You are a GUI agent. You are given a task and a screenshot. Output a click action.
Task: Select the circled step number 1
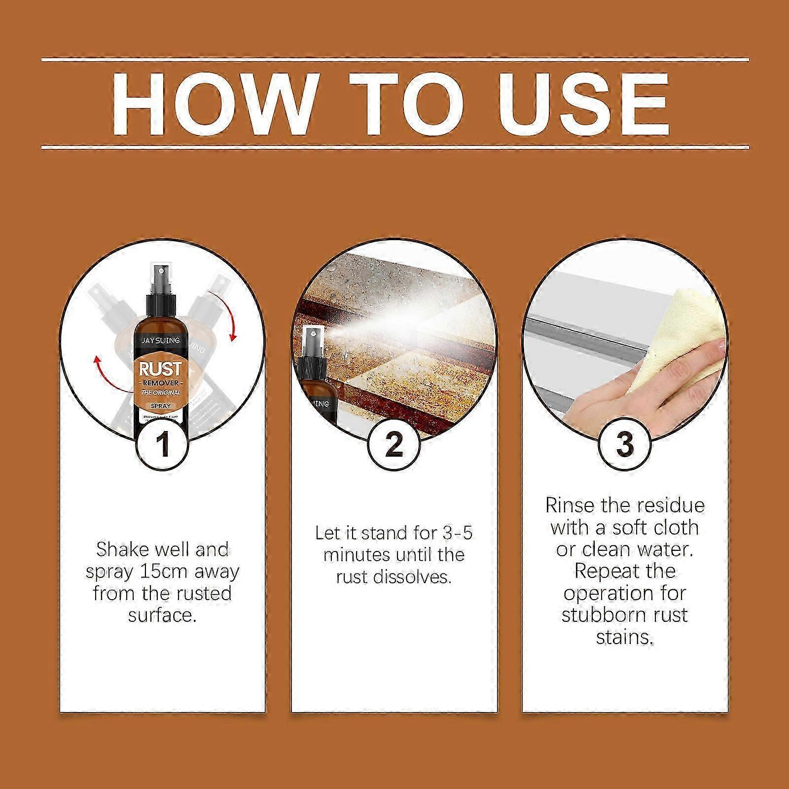pos(162,443)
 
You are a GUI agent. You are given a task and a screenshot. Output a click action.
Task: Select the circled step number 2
pos(394,443)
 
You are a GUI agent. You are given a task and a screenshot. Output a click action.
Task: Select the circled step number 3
pos(624,443)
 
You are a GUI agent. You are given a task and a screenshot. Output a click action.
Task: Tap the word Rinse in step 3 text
pos(572,506)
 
